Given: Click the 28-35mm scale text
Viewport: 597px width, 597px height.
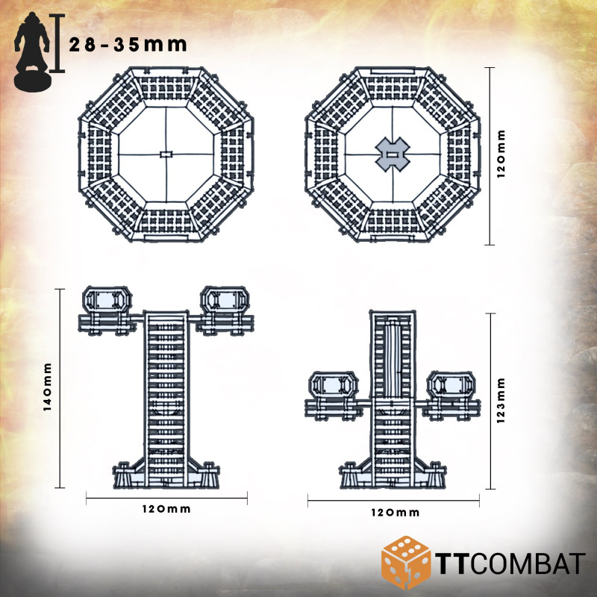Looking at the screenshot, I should [128, 44].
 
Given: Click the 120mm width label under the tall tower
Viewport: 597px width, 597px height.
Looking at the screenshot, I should [166, 509].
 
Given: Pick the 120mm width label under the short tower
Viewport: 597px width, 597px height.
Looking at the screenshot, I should [396, 513].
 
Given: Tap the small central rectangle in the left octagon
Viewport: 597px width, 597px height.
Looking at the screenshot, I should [166, 154].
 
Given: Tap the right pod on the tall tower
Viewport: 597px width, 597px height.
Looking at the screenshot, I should [223, 301].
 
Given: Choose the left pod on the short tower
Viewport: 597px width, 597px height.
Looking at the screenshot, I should [334, 387].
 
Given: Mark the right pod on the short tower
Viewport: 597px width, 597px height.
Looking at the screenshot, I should [450, 387].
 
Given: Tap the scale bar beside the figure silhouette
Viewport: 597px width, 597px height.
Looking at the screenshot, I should [58, 43].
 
